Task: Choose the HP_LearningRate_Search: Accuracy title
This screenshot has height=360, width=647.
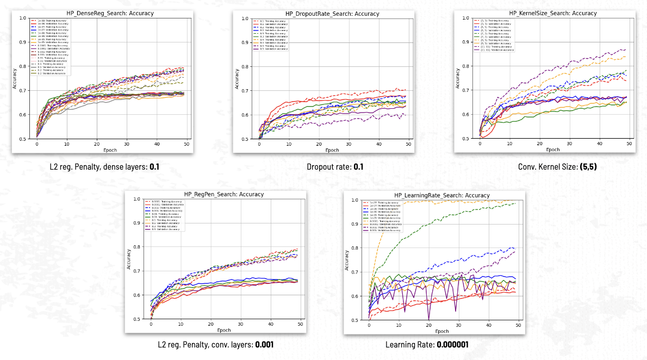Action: tap(441, 195)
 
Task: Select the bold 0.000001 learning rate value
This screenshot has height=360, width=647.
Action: tap(452, 345)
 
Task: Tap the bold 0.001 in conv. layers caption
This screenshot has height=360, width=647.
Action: tap(264, 345)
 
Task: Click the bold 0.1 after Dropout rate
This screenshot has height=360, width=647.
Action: tap(358, 167)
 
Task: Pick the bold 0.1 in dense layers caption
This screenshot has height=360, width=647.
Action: tap(154, 167)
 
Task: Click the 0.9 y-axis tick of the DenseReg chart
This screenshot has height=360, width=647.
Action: tap(22, 42)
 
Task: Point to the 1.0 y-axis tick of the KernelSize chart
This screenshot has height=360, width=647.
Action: tap(465, 18)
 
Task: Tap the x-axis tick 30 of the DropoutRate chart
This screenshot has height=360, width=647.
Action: tap(348, 144)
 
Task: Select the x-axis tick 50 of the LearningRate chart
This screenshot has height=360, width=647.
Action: tap(518, 325)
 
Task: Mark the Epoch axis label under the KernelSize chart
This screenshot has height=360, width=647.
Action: tap(552, 150)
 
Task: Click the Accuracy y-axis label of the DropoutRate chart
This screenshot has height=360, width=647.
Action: tap(237, 78)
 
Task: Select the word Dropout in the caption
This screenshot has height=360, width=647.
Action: tap(320, 167)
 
